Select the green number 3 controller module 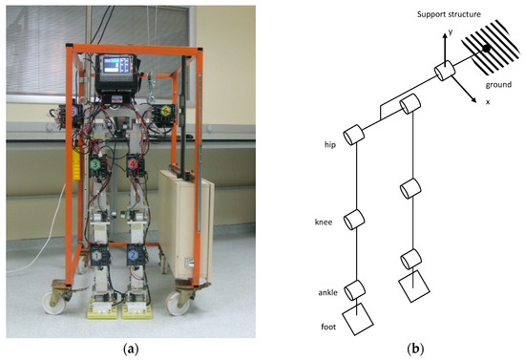pos(95,165)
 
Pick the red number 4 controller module pos(134,165)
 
